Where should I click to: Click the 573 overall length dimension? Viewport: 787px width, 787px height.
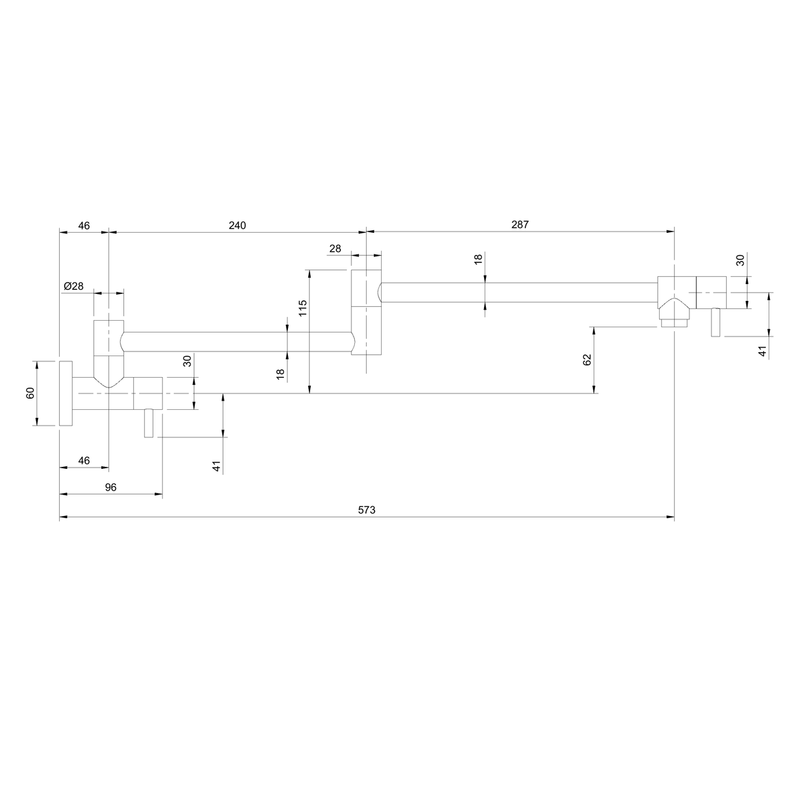pyautogui.click(x=367, y=510)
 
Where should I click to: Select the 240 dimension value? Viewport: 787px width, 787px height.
pyautogui.click(x=237, y=226)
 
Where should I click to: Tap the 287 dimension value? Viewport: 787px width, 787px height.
pyautogui.click(x=520, y=225)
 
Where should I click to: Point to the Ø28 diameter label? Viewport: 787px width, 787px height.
pyautogui.click(x=73, y=287)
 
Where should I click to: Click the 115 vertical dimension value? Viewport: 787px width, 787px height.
pyautogui.click(x=302, y=308)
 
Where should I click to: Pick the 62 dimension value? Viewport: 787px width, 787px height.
pyautogui.click(x=587, y=360)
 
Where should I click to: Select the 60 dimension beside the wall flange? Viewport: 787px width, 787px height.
pyautogui.click(x=30, y=393)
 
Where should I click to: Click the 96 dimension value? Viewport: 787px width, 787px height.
pyautogui.click(x=111, y=487)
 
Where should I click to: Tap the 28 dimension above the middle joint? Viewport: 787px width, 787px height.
pyautogui.click(x=335, y=249)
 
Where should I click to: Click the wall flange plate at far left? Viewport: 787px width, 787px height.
pyautogui.click(x=66, y=393)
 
